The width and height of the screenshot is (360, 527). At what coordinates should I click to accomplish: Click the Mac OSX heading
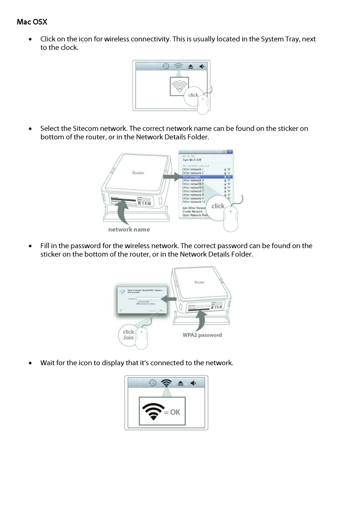pos(32,22)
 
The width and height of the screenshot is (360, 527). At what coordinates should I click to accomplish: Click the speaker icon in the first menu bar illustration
pos(202,66)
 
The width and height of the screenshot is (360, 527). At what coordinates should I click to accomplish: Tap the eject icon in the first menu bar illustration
pos(191,66)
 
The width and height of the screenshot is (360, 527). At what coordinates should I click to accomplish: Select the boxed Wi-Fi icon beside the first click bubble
pos(179,86)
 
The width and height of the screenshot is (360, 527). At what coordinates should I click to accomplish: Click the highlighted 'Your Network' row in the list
pos(191,177)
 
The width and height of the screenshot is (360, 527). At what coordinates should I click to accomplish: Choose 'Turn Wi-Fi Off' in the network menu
pos(192,160)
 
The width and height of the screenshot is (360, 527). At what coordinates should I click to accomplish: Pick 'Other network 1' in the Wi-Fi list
pos(193,169)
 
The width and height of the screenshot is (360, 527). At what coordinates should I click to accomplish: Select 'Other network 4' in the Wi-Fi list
pos(193,180)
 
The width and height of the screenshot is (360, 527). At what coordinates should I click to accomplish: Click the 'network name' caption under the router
pos(129,230)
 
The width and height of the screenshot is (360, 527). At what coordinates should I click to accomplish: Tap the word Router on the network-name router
pos(138,173)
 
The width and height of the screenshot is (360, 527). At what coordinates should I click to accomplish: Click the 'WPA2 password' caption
pos(202,335)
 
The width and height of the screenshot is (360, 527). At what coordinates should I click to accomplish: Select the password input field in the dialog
pos(149,299)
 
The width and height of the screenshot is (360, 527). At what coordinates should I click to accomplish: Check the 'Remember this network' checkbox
pos(137,304)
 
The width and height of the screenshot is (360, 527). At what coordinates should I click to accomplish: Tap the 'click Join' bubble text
pos(128,335)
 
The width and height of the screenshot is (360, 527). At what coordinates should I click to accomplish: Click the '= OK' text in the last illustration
pos(172,412)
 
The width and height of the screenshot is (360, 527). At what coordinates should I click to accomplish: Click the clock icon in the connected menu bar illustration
pos(152,383)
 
